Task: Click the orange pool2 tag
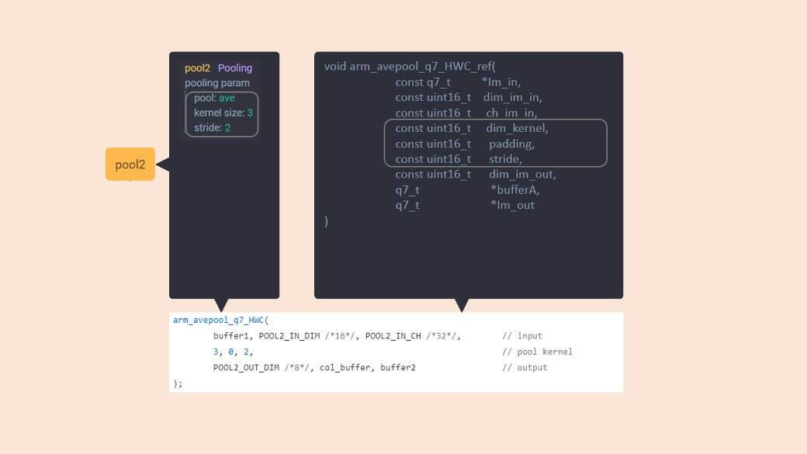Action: coord(130,165)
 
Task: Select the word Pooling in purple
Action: coord(235,68)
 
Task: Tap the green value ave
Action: coord(227,98)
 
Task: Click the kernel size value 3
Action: coord(250,113)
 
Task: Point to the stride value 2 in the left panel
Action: coord(227,128)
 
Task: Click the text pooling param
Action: coord(217,83)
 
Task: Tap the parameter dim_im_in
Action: coord(512,98)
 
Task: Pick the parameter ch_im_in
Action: coord(511,113)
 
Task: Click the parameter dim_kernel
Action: coord(517,128)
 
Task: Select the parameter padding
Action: coord(511,144)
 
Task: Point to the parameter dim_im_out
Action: coord(522,175)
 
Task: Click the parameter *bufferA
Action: coord(514,190)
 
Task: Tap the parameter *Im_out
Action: coord(512,206)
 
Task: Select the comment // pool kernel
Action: coord(537,352)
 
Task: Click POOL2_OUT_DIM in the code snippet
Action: coord(246,367)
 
